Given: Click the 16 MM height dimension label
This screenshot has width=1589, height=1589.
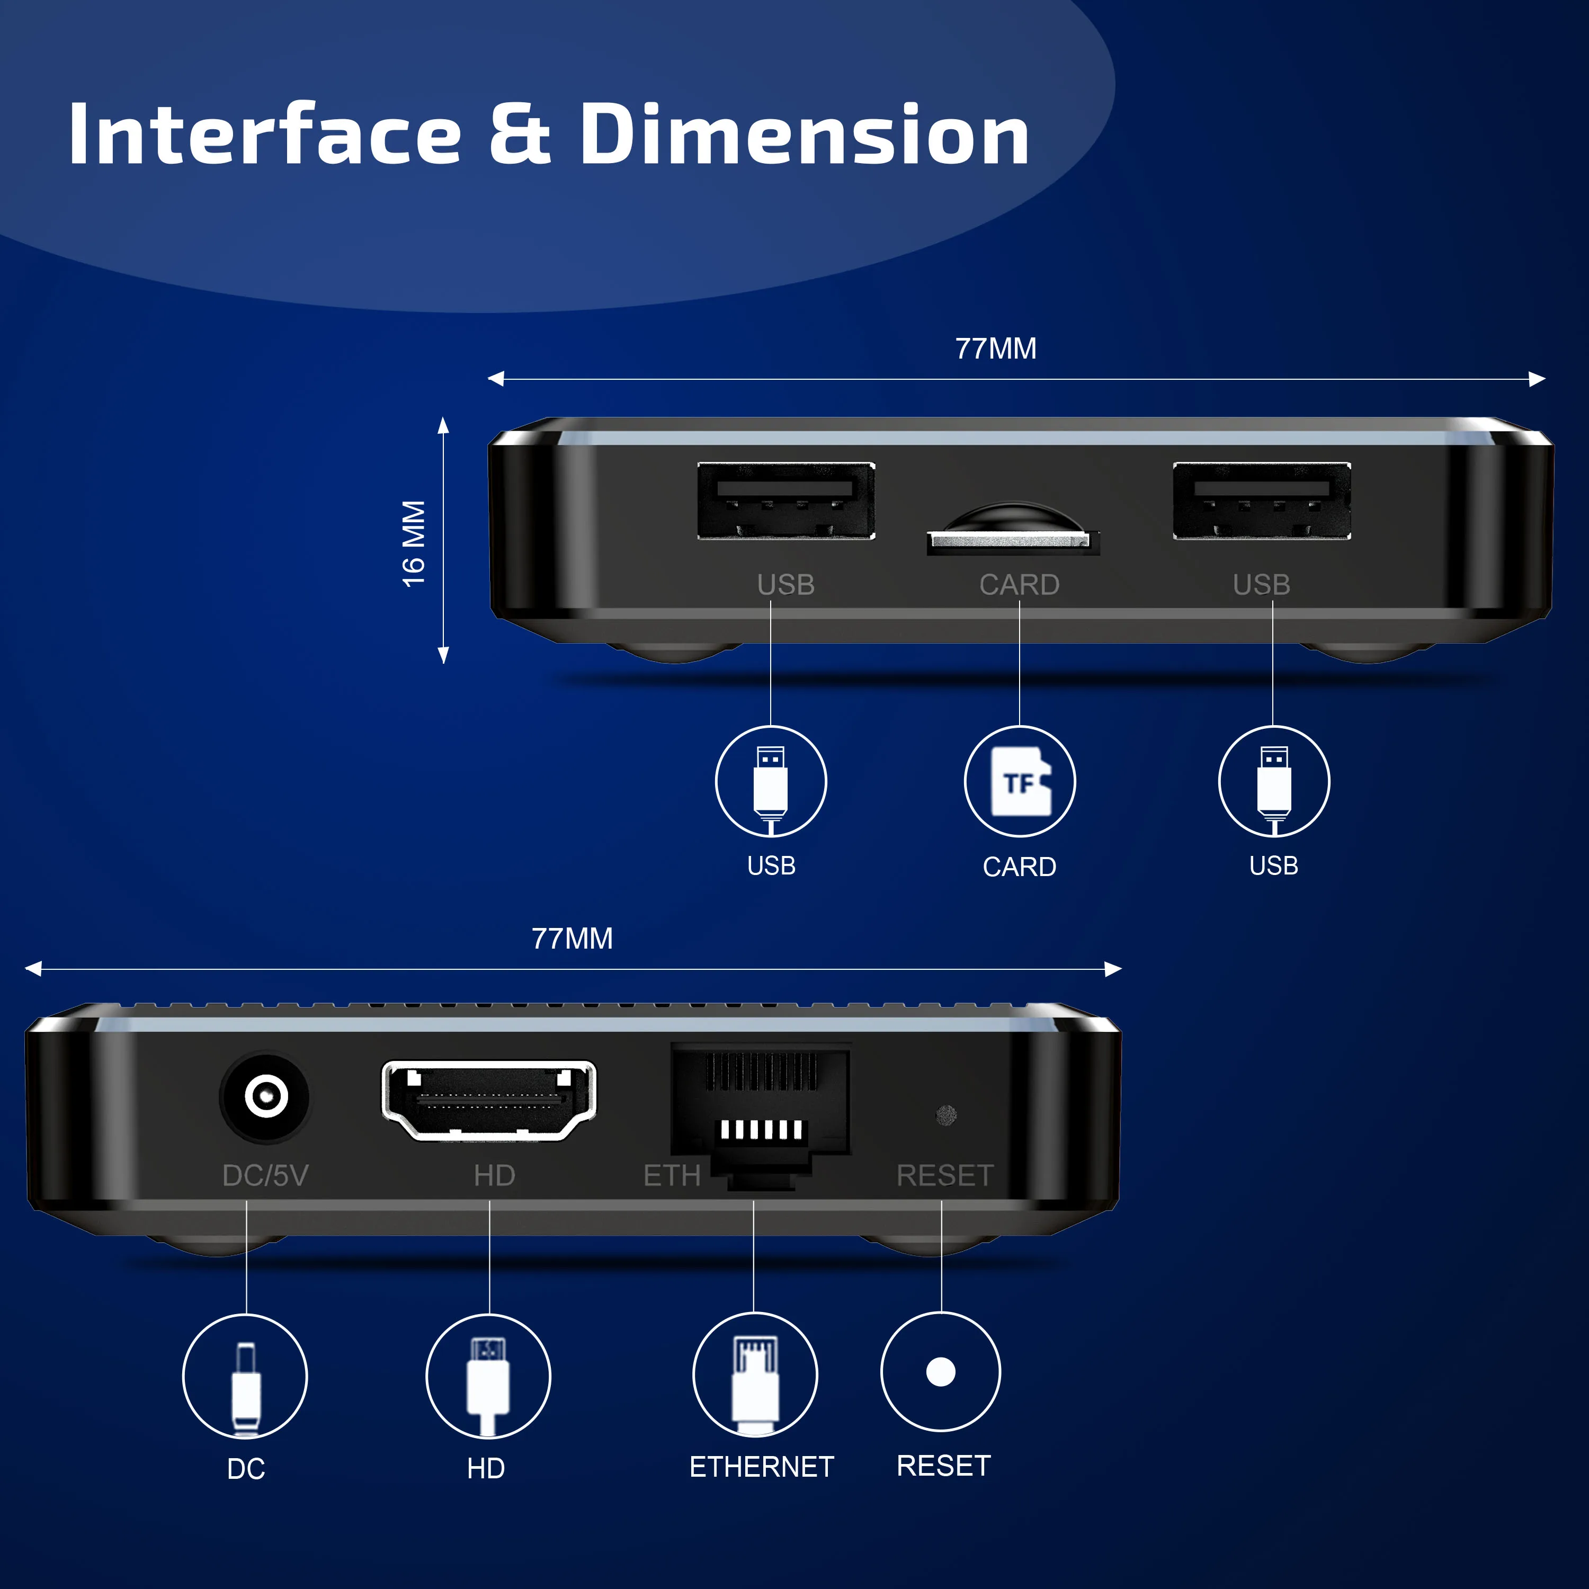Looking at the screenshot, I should coord(414,543).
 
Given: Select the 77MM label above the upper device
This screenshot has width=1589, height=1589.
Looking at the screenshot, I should coord(995,349).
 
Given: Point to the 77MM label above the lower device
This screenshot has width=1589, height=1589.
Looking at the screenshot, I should coord(572,939).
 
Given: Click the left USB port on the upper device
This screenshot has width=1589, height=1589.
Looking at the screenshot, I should coord(785,501).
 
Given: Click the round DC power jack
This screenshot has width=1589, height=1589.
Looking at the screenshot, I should coord(265,1096).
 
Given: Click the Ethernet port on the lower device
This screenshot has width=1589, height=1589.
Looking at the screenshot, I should coord(760,1106).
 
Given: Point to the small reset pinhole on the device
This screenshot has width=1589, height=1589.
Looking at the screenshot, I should coord(946,1115).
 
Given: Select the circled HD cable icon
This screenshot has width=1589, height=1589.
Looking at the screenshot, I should coord(488,1377).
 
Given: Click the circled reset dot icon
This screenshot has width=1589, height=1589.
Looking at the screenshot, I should coord(941,1372).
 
